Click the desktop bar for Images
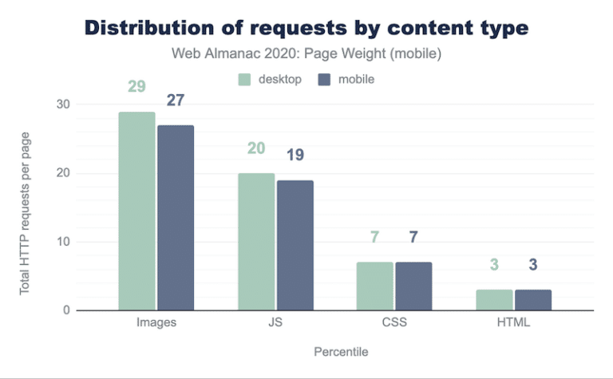136,211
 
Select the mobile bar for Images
176,218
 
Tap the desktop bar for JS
256,242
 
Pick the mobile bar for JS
295,245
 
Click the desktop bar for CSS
374,286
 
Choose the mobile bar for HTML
532,299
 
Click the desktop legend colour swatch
244,80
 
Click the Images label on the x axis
156,324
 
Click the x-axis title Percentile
334,351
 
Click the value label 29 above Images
136,86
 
